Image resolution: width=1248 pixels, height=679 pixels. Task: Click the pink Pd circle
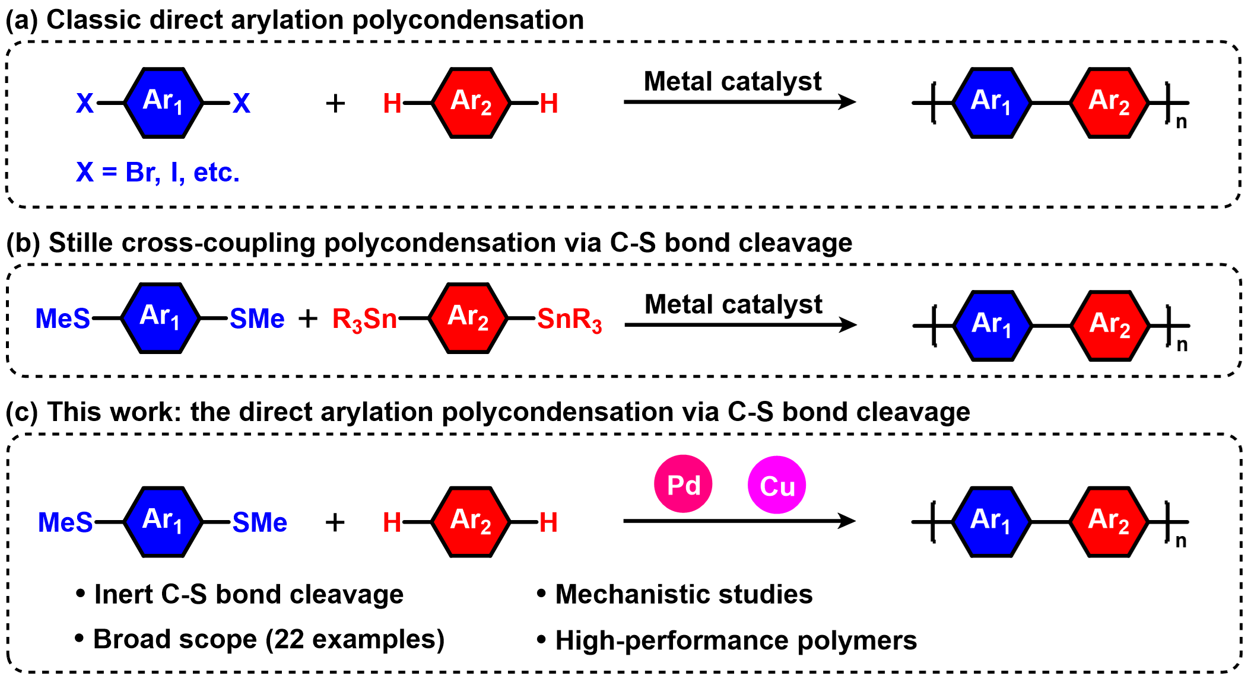click(683, 484)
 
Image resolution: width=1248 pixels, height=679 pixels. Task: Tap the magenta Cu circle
click(777, 485)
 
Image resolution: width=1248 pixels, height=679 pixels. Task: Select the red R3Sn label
click(364, 319)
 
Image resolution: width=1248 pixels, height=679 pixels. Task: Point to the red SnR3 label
click(570, 319)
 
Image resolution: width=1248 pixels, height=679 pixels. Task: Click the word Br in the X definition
click(142, 173)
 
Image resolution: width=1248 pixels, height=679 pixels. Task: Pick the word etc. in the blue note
click(217, 173)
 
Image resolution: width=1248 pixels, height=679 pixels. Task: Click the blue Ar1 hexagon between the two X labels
click(163, 103)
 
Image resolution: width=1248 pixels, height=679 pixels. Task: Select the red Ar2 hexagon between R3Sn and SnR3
click(468, 318)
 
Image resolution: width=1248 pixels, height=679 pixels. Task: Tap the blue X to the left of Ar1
click(85, 103)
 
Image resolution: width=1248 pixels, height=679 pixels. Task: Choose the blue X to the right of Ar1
click(242, 103)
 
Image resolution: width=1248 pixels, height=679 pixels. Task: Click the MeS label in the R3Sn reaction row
click(63, 318)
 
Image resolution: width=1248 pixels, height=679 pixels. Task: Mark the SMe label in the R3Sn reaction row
click(257, 318)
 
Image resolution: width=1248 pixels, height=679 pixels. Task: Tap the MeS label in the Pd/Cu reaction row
click(65, 522)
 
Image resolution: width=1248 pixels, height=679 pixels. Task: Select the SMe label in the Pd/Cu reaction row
click(260, 522)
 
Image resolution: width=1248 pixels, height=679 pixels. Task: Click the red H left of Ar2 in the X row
click(392, 104)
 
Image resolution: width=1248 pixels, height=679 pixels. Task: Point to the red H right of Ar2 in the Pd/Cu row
click(549, 522)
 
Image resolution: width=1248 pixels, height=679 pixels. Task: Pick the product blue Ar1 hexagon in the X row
click(992, 103)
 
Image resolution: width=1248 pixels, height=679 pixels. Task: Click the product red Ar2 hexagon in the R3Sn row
click(1110, 326)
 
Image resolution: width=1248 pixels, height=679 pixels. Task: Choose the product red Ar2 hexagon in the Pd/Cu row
click(1109, 522)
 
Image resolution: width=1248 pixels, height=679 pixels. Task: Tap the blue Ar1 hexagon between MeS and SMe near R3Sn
click(160, 318)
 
